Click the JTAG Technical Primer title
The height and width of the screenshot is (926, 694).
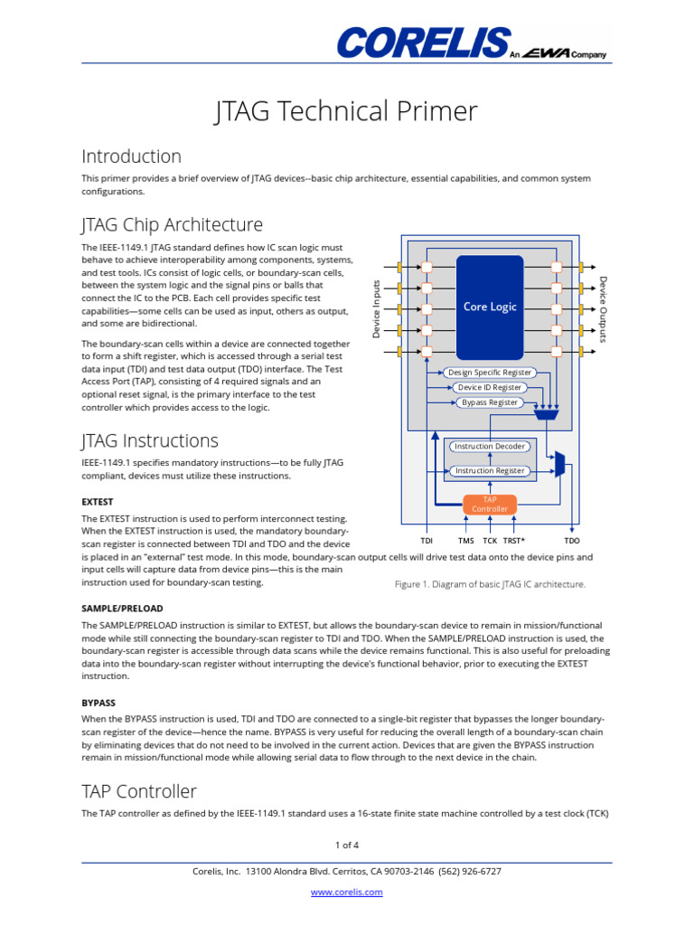346,111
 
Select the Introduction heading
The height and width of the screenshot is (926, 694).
131,156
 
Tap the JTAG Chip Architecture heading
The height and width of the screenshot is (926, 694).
172,224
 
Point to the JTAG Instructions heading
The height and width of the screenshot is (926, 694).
150,440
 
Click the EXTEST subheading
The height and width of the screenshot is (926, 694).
98,501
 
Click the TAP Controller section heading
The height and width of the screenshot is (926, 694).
139,791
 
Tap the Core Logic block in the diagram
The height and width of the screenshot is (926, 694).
490,307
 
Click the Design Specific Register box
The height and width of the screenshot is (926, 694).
490,373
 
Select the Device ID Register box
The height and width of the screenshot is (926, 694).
490,387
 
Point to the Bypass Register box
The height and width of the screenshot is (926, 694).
490,402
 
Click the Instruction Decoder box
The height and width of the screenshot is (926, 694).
490,447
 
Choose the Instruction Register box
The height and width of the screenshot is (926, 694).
490,470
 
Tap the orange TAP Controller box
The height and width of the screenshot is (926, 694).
490,504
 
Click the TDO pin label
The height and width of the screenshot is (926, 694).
572,541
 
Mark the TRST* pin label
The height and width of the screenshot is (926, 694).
515,541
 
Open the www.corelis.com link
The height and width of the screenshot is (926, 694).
346,892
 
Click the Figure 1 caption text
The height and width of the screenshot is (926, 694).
490,584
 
